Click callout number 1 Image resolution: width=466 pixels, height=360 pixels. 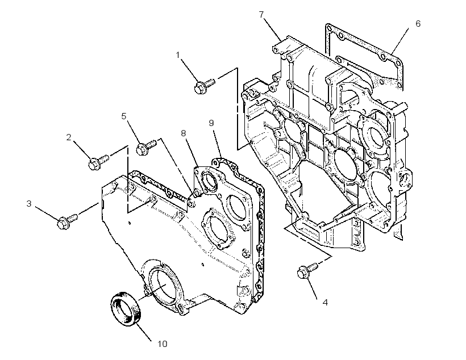point(178,55)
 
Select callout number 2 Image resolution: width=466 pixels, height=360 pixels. point(69,137)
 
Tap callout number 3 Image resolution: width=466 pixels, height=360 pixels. point(29,203)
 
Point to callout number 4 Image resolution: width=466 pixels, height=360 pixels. point(325,303)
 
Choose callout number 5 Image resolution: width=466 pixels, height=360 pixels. point(124,116)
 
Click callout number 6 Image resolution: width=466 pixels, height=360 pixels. point(418,24)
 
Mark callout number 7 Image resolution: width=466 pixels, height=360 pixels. point(261,15)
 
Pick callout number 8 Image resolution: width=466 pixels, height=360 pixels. point(184,133)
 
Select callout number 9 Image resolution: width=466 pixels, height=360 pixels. point(211,123)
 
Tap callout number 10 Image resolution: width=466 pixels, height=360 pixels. point(162,344)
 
